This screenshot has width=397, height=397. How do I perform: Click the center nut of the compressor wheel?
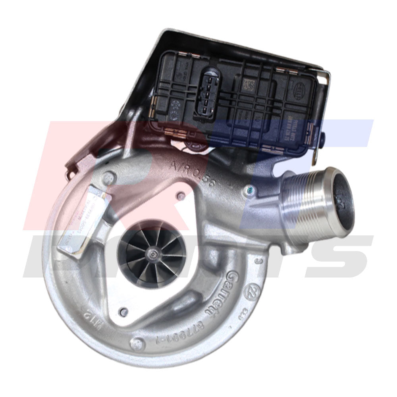click(x=152, y=253)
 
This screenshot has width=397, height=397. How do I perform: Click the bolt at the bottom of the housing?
click(x=137, y=342)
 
